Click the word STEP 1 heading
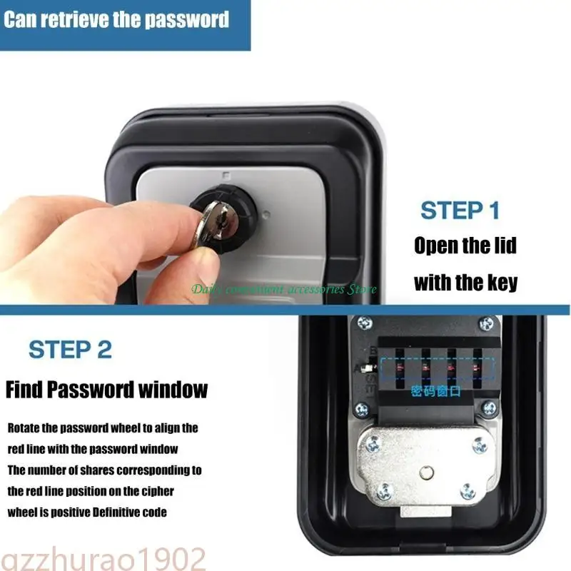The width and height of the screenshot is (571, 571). coord(460,211)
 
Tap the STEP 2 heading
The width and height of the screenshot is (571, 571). coord(70,350)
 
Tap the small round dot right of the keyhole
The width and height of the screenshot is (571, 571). coord(264,213)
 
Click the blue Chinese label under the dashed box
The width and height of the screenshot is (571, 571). coord(436,391)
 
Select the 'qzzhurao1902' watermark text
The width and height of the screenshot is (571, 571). coord(103,557)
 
